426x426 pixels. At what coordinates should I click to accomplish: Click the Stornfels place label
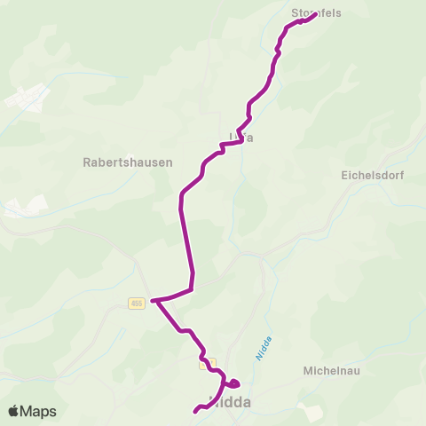pyautogui.click(x=316, y=13)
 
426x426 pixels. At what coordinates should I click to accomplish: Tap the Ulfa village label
pyautogui.click(x=235, y=137)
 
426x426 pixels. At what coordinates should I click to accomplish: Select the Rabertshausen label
pyautogui.click(x=127, y=162)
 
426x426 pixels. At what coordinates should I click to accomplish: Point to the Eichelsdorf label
pyautogui.click(x=372, y=176)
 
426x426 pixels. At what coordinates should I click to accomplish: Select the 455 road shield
pyautogui.click(x=136, y=303)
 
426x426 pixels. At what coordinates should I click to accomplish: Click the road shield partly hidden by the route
pyautogui.click(x=208, y=363)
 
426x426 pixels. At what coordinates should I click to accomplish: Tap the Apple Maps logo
pyautogui.click(x=32, y=411)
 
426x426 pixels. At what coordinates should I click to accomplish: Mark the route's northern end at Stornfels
pyautogui.click(x=315, y=14)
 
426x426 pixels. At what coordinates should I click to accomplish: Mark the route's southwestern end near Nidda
pyautogui.click(x=195, y=411)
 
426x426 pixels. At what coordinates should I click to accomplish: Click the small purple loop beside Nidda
pyautogui.click(x=233, y=383)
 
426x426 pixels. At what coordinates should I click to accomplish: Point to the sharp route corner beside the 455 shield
pyautogui.click(x=154, y=301)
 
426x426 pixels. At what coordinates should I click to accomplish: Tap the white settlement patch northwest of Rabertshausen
pyautogui.click(x=27, y=98)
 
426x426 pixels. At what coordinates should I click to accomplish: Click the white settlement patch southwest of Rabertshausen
pyautogui.click(x=22, y=208)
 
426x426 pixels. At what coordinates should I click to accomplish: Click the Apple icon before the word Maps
pyautogui.click(x=13, y=411)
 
